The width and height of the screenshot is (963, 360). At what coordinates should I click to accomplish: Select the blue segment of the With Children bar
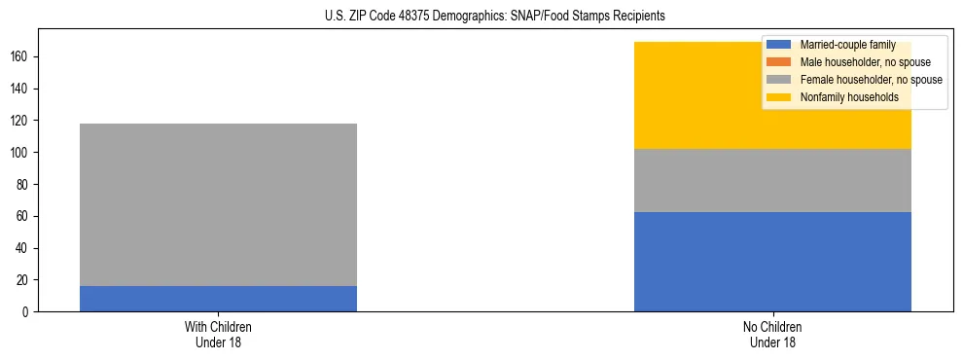coord(218,299)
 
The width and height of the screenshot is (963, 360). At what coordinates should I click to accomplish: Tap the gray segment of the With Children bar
coord(218,204)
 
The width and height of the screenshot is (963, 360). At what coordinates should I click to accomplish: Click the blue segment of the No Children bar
coord(772,262)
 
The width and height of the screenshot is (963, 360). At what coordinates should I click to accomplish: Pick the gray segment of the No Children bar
coord(772,180)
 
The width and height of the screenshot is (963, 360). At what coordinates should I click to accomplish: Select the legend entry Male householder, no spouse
coord(858,62)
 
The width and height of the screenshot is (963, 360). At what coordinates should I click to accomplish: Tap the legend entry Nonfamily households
coord(849,97)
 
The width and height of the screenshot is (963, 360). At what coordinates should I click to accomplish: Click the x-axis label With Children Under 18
coord(218,334)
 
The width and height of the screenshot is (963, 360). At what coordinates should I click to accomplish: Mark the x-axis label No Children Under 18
coord(772,334)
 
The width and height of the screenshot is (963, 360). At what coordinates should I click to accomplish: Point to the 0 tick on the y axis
coord(27,311)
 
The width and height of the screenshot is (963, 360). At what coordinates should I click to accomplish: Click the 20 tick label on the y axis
coord(24,279)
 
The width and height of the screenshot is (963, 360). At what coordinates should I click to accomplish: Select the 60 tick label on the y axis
coord(24,216)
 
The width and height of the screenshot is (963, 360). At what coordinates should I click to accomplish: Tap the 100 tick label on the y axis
coord(21,153)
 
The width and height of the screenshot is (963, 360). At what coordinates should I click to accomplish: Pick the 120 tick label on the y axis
coord(21,121)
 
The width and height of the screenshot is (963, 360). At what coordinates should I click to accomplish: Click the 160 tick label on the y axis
coord(21,57)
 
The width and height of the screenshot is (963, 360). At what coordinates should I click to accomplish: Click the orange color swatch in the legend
coord(779,62)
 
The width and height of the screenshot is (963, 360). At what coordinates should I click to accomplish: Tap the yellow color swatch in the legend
coord(779,97)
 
